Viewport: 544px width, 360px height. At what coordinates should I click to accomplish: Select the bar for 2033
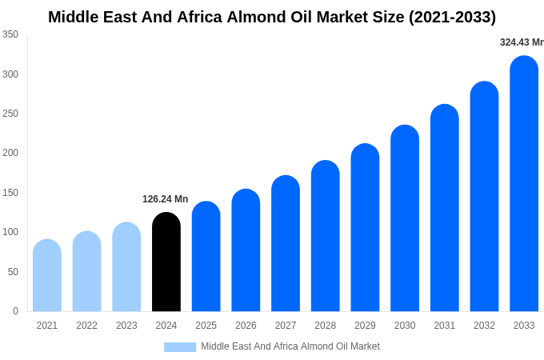coord(524,184)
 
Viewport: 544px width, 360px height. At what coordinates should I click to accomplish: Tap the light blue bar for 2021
coord(47,276)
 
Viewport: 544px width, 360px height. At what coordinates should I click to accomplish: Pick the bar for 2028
coord(326,236)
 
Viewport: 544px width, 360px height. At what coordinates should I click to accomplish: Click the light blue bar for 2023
coord(126,267)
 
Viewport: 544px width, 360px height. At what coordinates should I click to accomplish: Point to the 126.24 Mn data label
coord(166,199)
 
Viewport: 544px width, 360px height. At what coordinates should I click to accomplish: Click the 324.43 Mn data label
coord(522,42)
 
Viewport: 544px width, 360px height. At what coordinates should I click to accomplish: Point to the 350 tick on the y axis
coord(10,34)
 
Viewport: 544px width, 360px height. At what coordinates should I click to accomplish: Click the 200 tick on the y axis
coord(10,153)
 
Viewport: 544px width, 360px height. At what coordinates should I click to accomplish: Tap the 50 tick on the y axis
coord(13,272)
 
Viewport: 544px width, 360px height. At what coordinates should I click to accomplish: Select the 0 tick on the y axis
coord(15,311)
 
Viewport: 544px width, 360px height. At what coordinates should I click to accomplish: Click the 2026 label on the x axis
coord(246,326)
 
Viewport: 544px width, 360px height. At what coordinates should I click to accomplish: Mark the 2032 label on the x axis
coord(484,326)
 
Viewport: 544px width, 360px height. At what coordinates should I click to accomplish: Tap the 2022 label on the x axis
coord(87,326)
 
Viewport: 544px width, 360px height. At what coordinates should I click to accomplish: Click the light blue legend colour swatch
coord(180,346)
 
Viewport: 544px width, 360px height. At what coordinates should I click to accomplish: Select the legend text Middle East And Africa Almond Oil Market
coord(290,346)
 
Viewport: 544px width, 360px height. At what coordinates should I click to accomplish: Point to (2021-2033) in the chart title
coord(452,17)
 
